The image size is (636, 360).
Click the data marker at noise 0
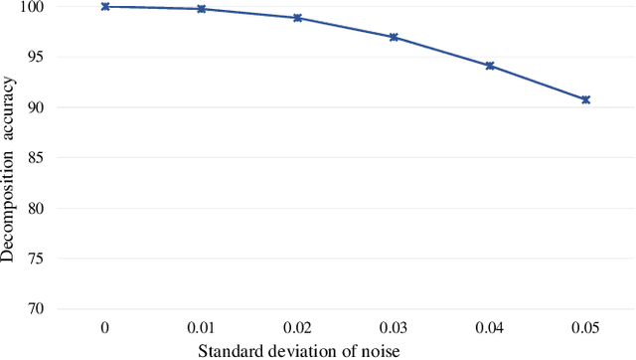tap(104, 7)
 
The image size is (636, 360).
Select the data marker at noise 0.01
tap(202, 9)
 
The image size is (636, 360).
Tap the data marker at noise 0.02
tap(297, 18)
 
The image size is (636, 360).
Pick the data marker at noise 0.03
tap(394, 37)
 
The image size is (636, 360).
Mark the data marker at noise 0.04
tap(490, 66)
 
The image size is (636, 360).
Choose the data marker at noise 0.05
tap(586, 99)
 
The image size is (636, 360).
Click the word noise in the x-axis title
tap(381, 350)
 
